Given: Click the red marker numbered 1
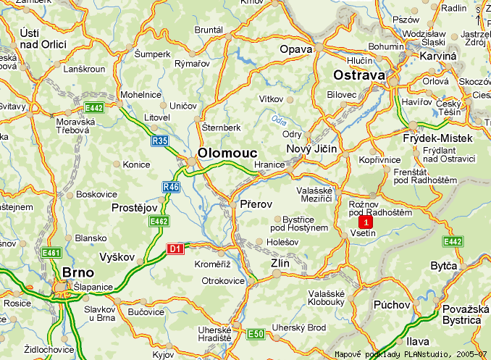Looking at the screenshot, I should click(x=367, y=222).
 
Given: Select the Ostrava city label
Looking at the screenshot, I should click(x=360, y=75).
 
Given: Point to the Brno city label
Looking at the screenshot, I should click(x=79, y=272).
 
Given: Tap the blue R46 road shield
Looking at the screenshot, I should click(x=171, y=187).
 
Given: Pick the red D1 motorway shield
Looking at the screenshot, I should click(x=175, y=249).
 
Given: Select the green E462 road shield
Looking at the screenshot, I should click(x=159, y=220).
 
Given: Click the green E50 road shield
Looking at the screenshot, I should click(x=256, y=333).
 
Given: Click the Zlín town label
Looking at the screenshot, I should click(x=280, y=264).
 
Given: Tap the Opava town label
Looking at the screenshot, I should click(x=296, y=49).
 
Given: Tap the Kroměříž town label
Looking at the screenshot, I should click(x=212, y=264).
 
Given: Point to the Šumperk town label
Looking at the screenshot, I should click(x=152, y=53).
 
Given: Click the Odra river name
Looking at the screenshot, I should click(x=280, y=120).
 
